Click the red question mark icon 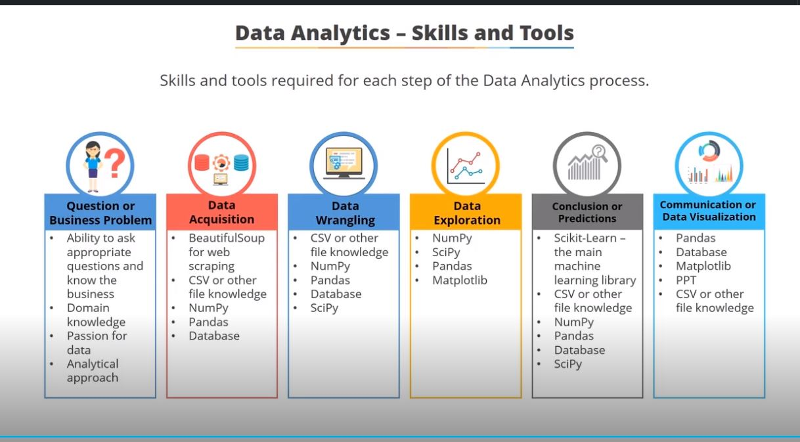pyautogui.click(x=115, y=163)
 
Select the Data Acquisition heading pyautogui.click(x=222, y=212)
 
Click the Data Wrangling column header pyautogui.click(x=345, y=213)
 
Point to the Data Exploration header pyautogui.click(x=467, y=213)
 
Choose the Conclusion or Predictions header pyautogui.click(x=587, y=212)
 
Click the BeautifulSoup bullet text pyautogui.click(x=227, y=252)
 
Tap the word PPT pyautogui.click(x=686, y=280)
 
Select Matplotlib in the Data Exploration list pyautogui.click(x=460, y=280)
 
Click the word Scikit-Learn pyautogui.click(x=585, y=238)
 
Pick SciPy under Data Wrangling pyautogui.click(x=324, y=308)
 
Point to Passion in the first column pyautogui.click(x=88, y=336)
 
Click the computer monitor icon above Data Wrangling pyautogui.click(x=344, y=163)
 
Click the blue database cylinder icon pyautogui.click(x=241, y=163)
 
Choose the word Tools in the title pyautogui.click(x=546, y=33)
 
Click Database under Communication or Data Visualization pyautogui.click(x=701, y=252)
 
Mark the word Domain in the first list pyautogui.click(x=88, y=308)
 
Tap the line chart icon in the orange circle pyautogui.click(x=466, y=166)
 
